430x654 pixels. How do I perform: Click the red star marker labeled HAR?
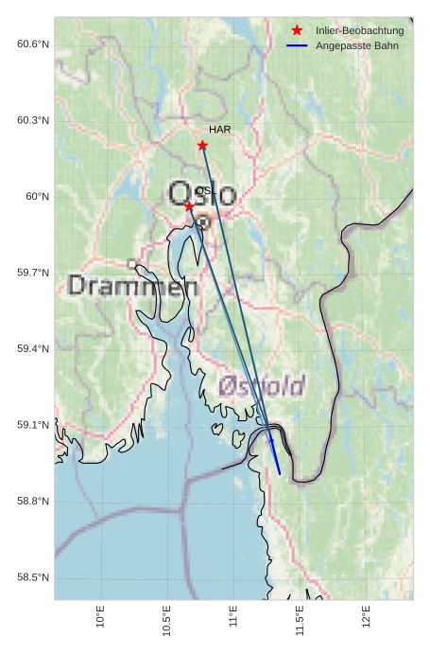point(202,145)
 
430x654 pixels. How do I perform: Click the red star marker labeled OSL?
point(189,206)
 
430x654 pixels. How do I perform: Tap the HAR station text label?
point(220,129)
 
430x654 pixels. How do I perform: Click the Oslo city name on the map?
point(202,195)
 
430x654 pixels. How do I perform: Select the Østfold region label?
point(262,385)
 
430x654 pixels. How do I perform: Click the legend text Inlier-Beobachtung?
point(359,31)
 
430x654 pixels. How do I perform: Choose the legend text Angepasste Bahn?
point(357,45)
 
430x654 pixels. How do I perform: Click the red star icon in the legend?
point(297,31)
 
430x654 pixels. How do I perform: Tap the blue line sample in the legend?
point(297,45)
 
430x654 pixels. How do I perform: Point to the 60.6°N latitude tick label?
point(32,44)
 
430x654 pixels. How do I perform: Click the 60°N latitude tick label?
point(37,197)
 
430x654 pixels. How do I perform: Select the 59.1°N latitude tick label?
point(32,425)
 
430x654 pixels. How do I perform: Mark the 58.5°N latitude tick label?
point(32,577)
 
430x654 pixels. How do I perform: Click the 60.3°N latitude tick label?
point(32,120)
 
